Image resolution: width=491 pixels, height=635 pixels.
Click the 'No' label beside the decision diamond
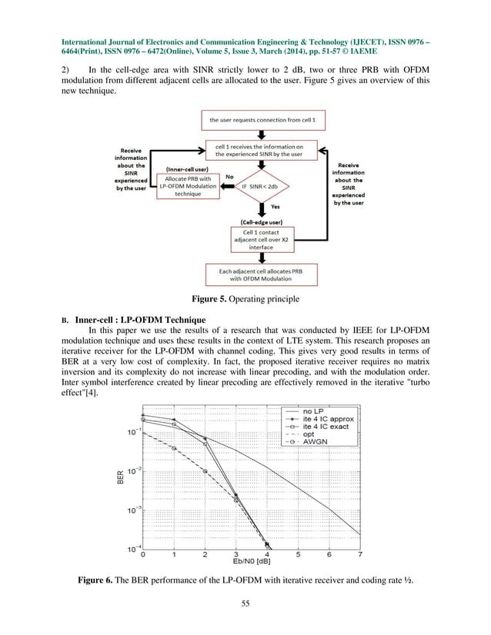coord(228,176)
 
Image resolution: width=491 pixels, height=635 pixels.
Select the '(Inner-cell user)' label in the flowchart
coord(183,166)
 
